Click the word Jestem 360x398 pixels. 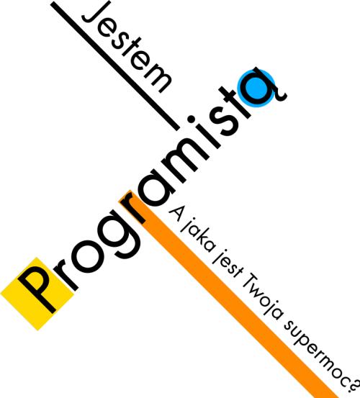[x=127, y=47]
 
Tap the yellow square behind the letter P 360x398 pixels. [x=37, y=294]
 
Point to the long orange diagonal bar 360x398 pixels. [x=228, y=294]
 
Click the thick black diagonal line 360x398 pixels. [x=115, y=66]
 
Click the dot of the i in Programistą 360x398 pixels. [x=192, y=119]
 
